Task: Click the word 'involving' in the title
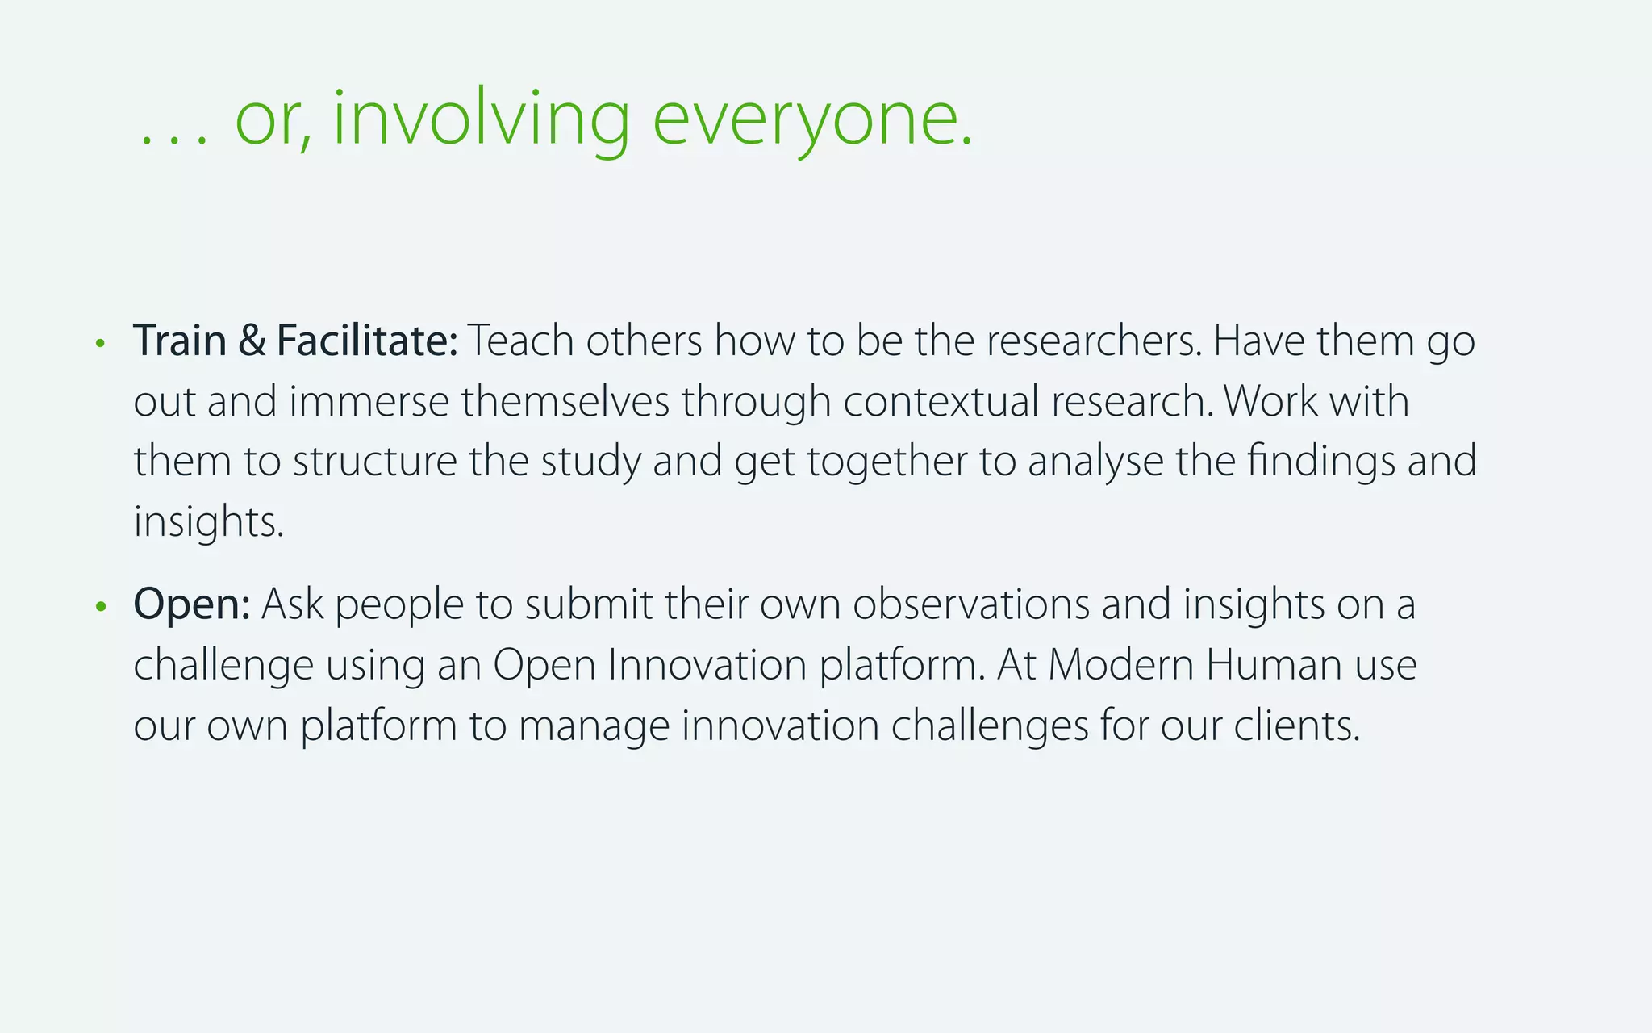tap(481, 119)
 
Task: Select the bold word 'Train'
tap(180, 341)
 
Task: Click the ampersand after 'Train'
tap(252, 341)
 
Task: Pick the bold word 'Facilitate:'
tap(367, 341)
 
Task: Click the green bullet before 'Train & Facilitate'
tap(100, 343)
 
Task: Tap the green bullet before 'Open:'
tap(100, 606)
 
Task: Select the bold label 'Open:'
tap(192, 604)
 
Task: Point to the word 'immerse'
tap(369, 401)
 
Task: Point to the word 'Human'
tap(1274, 665)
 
